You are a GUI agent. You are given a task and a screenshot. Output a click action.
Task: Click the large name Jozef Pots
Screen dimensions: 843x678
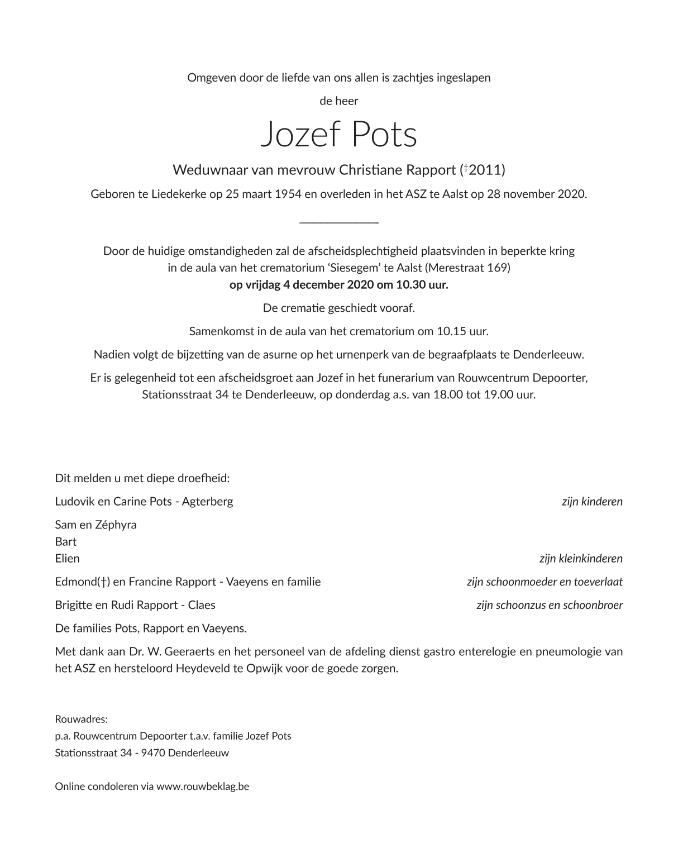pyautogui.click(x=338, y=135)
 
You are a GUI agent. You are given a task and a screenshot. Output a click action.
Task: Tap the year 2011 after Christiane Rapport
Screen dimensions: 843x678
pyautogui.click(x=486, y=170)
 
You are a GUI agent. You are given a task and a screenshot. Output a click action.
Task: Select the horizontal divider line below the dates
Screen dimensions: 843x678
pyautogui.click(x=339, y=223)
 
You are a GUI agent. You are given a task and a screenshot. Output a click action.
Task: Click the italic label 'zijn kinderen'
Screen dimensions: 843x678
pyautogui.click(x=592, y=502)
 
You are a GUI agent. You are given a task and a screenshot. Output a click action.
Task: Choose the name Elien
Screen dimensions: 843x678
pyautogui.click(x=68, y=559)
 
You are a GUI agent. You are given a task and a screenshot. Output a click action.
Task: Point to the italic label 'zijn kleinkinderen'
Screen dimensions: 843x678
pyautogui.click(x=581, y=559)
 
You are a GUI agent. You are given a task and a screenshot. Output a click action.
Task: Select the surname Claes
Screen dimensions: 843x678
pyautogui.click(x=202, y=605)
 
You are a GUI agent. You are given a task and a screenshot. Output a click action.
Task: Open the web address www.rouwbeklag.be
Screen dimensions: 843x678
pyautogui.click(x=203, y=787)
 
